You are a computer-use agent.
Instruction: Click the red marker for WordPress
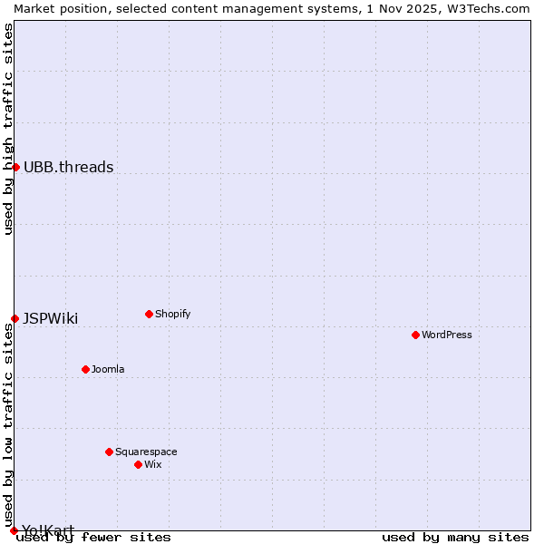tap(415, 335)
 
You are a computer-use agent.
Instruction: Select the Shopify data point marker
tap(149, 314)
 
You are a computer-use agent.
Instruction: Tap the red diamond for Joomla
tap(85, 369)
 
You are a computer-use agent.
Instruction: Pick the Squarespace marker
tap(109, 452)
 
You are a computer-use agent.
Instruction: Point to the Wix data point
tap(138, 464)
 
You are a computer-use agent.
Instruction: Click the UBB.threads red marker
tap(15, 167)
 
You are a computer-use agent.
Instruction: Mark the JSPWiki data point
tap(15, 318)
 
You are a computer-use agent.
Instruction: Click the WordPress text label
tap(447, 335)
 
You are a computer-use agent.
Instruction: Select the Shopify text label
tap(173, 314)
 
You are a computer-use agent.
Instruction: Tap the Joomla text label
tap(108, 369)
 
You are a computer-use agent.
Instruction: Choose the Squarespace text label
tap(146, 452)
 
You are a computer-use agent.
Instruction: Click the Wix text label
tap(153, 464)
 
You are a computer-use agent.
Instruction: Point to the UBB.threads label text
tap(69, 167)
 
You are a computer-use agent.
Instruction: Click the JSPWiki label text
tap(51, 318)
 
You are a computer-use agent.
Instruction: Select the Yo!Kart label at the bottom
tap(48, 529)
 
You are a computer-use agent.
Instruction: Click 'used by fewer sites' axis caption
tap(94, 538)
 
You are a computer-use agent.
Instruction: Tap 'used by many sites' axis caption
tap(455, 538)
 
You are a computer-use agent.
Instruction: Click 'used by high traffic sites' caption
tap(8, 130)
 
